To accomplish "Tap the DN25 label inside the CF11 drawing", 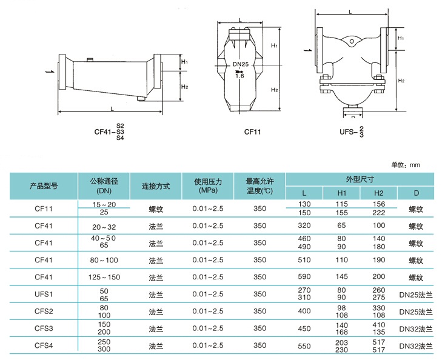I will [240, 64].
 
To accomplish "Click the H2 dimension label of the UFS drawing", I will [401, 80].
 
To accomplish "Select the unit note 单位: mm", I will [406, 164].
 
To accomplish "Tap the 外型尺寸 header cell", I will [359, 179].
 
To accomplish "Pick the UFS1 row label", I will [43, 294].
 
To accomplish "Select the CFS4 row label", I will [43, 345].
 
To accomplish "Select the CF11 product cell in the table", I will [43, 209].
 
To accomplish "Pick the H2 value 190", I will [379, 260].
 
